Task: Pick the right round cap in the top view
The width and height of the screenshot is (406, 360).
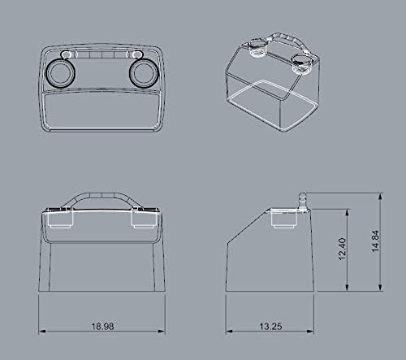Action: (x=145, y=74)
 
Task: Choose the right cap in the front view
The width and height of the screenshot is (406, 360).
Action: (x=143, y=219)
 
